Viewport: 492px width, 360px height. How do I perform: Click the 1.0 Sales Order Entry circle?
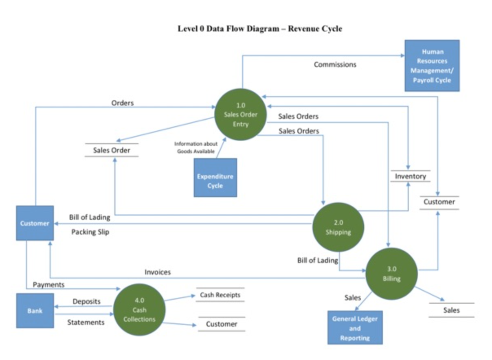240,114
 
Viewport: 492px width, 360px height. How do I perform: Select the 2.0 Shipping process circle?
338,227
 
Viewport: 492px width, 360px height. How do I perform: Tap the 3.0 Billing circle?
391,274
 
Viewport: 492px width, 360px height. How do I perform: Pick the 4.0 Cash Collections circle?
139,310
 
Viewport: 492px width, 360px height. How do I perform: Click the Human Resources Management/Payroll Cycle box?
432,66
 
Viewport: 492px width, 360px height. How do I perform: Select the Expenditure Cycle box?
215,178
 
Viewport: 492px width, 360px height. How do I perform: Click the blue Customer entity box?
35,223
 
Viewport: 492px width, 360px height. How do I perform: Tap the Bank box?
35,310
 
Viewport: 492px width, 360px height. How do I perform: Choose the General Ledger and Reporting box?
355,328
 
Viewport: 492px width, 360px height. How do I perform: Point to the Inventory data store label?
410,176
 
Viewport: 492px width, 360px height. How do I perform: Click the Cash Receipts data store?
220,295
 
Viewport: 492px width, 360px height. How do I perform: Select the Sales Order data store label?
112,150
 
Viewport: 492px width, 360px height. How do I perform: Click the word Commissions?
335,64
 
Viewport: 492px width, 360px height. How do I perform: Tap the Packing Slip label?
90,232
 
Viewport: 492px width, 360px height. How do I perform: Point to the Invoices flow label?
158,272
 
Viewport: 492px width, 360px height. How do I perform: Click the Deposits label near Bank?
86,301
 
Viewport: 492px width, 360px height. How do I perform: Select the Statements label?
86,322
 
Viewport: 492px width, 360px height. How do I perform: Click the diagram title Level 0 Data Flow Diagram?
260,29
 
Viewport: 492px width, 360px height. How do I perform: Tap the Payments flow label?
48,285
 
